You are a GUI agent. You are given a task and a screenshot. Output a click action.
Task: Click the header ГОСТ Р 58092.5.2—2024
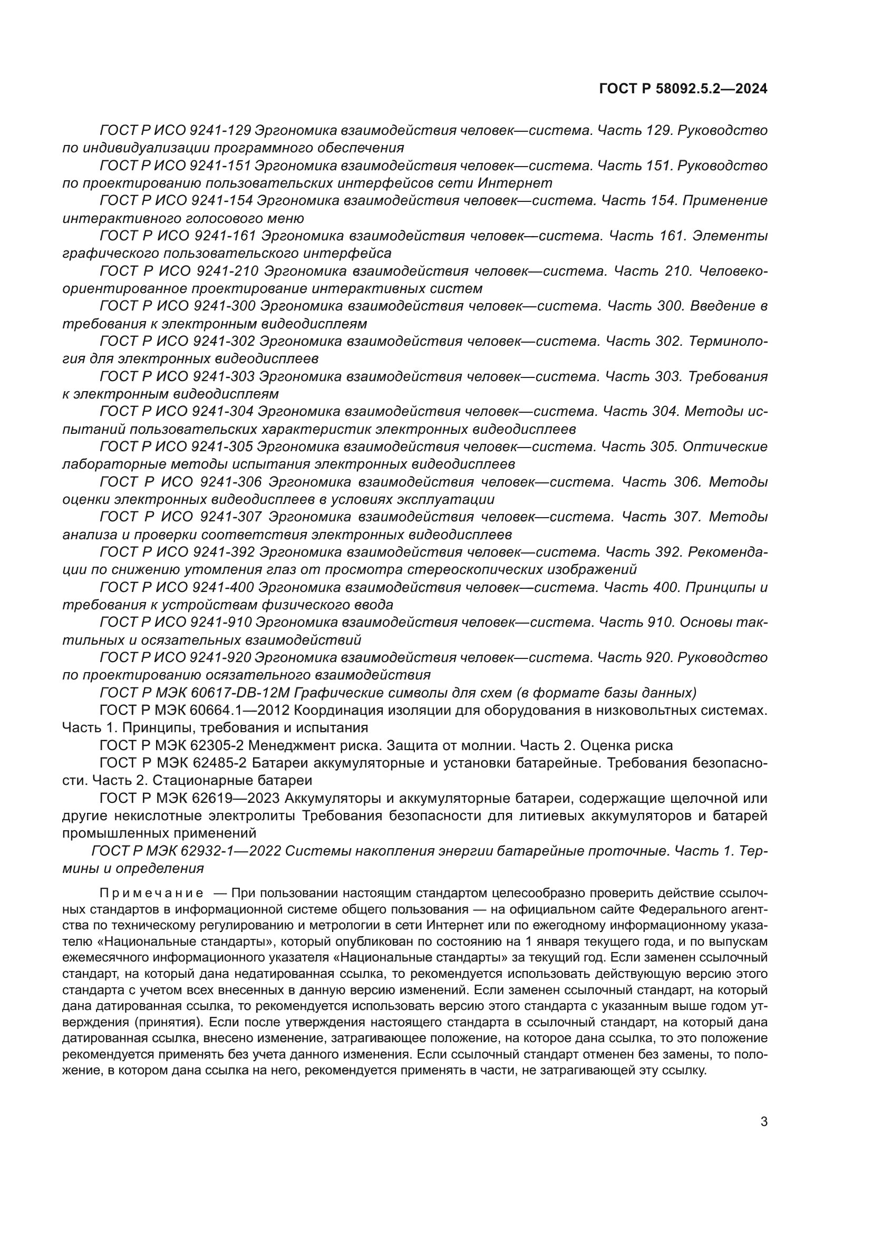pyautogui.click(x=682, y=89)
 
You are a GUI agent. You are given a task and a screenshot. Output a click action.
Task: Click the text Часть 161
pyautogui.click(x=648, y=236)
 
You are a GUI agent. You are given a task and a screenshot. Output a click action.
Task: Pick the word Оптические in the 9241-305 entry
pyautogui.click(x=725, y=446)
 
